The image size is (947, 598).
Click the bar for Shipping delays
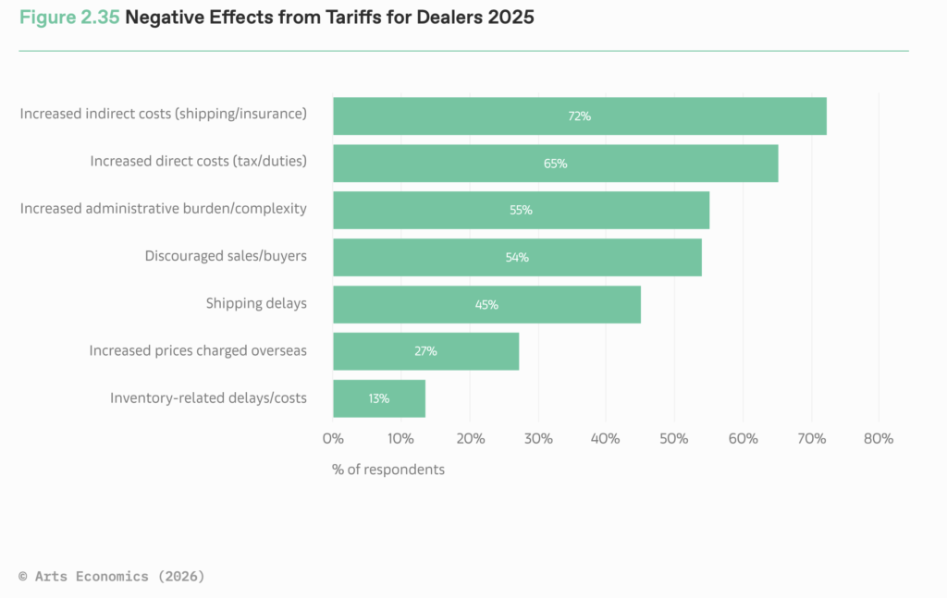(x=486, y=304)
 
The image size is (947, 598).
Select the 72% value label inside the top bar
(x=579, y=116)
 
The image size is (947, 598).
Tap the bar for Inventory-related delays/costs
(x=379, y=398)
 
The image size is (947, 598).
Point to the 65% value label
(x=555, y=164)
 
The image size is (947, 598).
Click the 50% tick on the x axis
(x=673, y=438)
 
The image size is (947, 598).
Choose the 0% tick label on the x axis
(x=333, y=438)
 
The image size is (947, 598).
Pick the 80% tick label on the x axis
(x=878, y=438)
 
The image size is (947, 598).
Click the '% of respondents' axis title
(x=387, y=470)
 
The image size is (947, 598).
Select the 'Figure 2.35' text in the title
(x=68, y=18)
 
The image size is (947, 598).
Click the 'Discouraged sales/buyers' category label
(x=226, y=256)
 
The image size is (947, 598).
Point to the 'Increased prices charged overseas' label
(x=198, y=350)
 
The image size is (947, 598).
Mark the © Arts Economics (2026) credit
(x=112, y=576)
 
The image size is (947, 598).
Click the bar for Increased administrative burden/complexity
(x=521, y=210)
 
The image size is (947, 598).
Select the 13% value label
(x=378, y=398)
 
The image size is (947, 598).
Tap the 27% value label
(x=425, y=351)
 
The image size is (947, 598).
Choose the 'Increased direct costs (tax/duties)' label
(x=198, y=161)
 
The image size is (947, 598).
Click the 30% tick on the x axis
(x=537, y=438)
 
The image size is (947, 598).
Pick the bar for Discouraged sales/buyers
(x=517, y=257)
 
